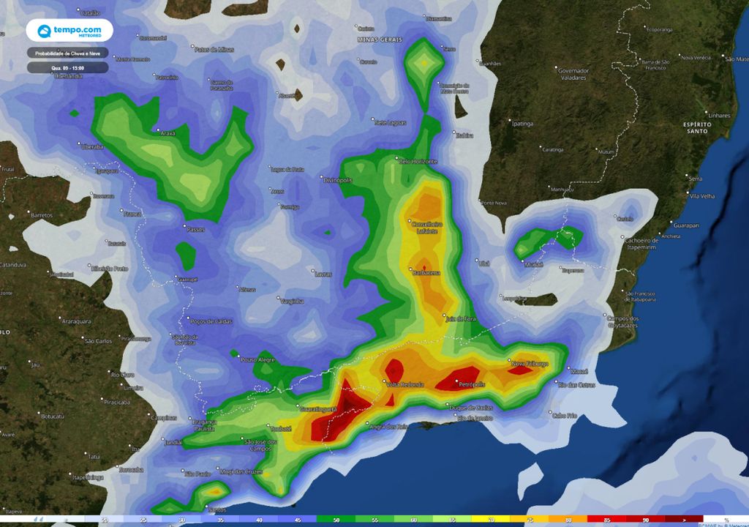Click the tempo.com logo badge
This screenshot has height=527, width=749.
tap(69, 31)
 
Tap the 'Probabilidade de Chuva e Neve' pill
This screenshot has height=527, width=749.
tap(68, 53)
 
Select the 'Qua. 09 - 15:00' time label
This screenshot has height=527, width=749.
tap(68, 67)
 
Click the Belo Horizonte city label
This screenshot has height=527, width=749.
tap(418, 161)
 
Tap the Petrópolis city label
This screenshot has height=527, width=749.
tap(468, 383)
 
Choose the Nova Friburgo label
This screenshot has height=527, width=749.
tap(529, 363)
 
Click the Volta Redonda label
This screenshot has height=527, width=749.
tap(404, 385)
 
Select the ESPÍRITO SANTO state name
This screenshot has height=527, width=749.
tap(696, 127)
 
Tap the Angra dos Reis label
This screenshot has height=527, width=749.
tap(388, 427)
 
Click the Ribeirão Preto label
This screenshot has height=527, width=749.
tap(110, 269)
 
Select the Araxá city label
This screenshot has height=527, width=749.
tap(168, 133)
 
